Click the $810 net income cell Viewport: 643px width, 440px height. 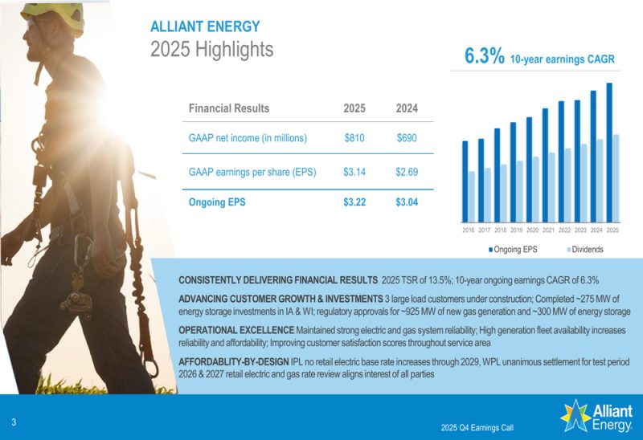click(x=354, y=138)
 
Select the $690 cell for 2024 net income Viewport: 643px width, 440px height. click(x=407, y=138)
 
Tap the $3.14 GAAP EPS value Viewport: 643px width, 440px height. click(x=354, y=172)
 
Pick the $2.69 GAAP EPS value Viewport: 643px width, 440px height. click(x=407, y=172)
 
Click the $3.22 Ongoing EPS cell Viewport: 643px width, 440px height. click(x=354, y=202)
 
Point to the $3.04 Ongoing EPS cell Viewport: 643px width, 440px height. click(x=407, y=202)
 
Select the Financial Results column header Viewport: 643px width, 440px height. click(x=229, y=108)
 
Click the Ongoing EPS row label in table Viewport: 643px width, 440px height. click(x=217, y=202)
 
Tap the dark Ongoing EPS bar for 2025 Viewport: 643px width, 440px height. click(x=609, y=153)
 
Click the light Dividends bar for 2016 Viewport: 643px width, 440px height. click(x=472, y=197)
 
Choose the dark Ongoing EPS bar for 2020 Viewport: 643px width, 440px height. click(x=529, y=169)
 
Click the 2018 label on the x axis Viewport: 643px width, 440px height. click(x=500, y=230)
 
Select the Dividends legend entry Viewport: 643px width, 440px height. click(x=585, y=249)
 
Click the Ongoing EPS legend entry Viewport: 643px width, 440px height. click(x=514, y=249)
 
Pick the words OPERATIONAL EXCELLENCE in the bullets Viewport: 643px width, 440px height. click(x=237, y=330)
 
